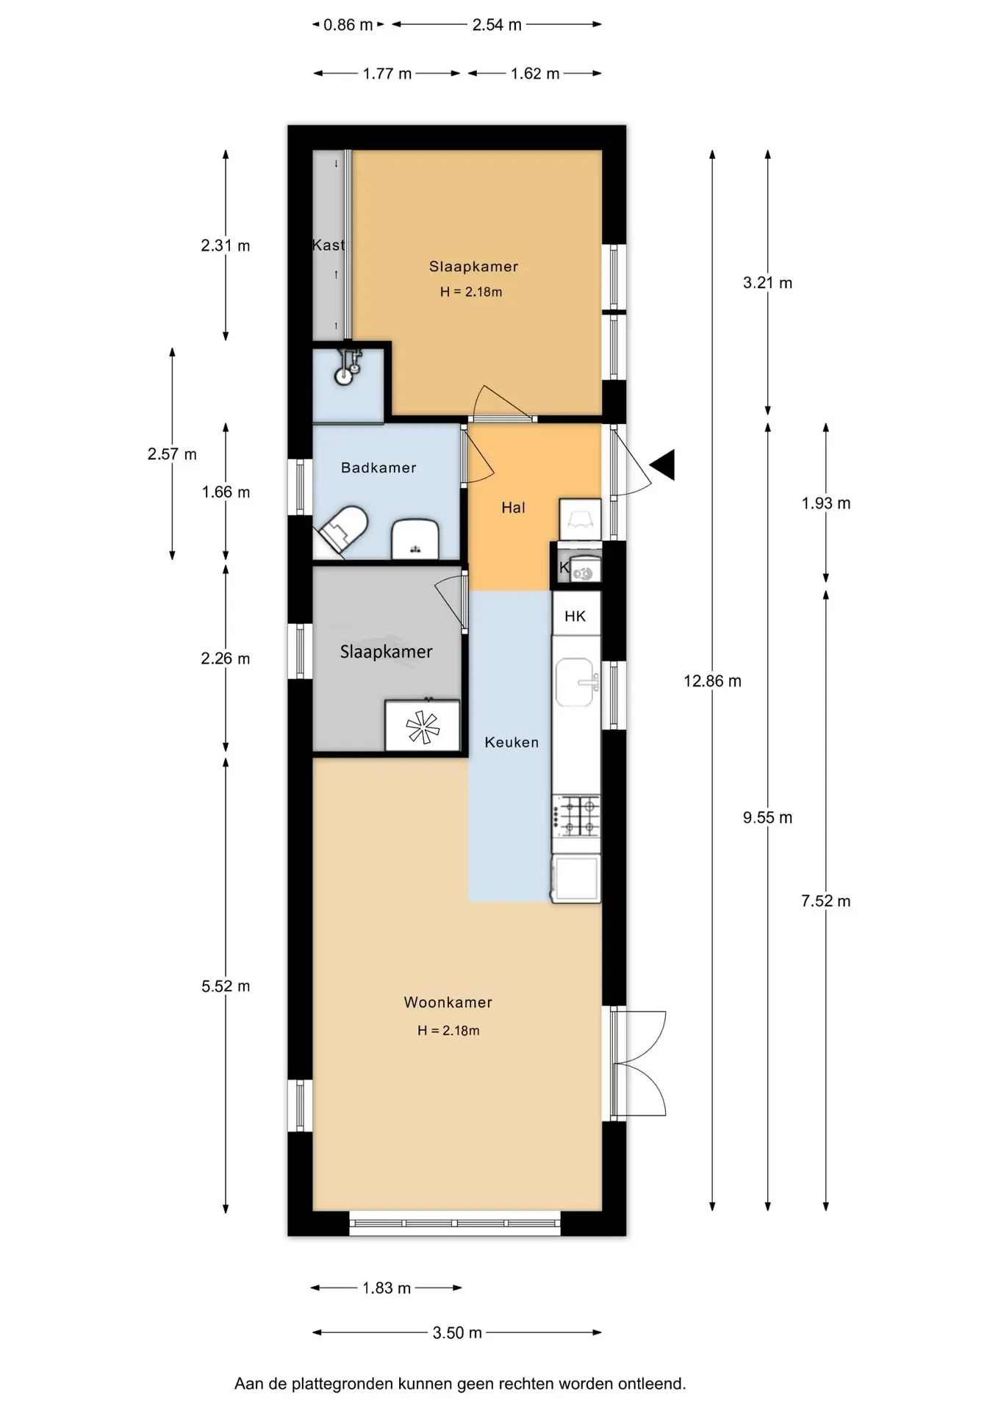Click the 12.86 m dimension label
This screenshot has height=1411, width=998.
pos(712,681)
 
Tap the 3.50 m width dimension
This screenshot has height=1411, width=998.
pos(457,1332)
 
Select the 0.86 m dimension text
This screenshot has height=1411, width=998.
pos(348,25)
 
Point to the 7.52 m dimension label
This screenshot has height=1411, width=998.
pos(826,901)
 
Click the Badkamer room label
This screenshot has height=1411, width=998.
pos(378,468)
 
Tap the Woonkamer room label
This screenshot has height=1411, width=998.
pos(448,1002)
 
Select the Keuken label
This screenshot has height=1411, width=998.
pos(511,742)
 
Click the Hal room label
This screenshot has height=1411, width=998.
pos(513,508)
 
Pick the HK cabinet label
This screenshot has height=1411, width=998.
pos(575,617)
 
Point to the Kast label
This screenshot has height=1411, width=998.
pos(329,245)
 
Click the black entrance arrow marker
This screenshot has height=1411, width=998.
pos(663,465)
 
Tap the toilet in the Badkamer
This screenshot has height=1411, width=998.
pos(343,528)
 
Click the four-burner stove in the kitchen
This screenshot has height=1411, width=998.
pos(577,816)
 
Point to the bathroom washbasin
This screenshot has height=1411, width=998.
pos(414,539)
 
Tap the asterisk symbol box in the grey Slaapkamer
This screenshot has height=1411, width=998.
pos(423,726)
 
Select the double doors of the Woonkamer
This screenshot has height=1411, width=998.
pos(638,1064)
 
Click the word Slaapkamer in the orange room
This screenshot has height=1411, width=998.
pos(474,267)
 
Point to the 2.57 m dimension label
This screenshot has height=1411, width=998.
pos(172,454)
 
